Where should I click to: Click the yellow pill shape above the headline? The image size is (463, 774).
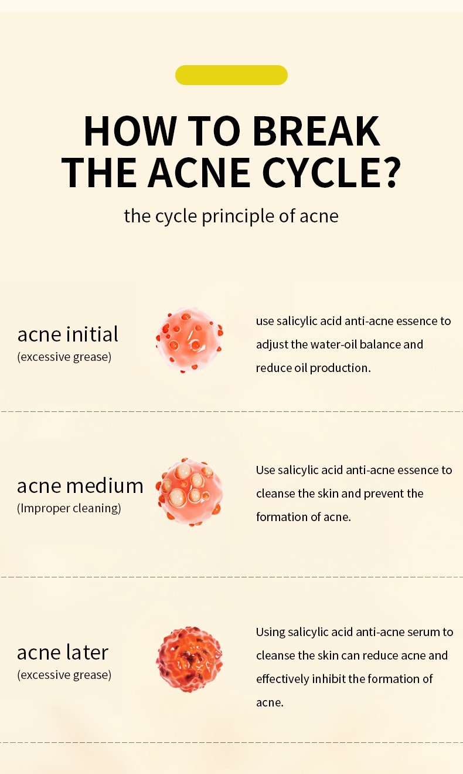(x=231, y=75)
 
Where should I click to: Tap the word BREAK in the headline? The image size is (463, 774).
(x=316, y=131)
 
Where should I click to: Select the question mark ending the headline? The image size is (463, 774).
(x=391, y=172)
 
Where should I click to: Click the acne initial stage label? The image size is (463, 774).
(x=67, y=334)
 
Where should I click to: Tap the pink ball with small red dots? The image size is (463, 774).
(x=189, y=340)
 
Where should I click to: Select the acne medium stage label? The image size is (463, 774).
(x=80, y=485)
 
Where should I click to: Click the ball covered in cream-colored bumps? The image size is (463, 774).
(x=189, y=492)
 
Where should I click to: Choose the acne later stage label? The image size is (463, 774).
(x=63, y=653)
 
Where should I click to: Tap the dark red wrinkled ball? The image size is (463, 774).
(x=189, y=659)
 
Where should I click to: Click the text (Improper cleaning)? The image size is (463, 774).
(x=69, y=508)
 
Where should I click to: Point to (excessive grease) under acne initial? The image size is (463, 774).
(x=64, y=357)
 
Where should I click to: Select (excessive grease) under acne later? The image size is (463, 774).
(x=64, y=675)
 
